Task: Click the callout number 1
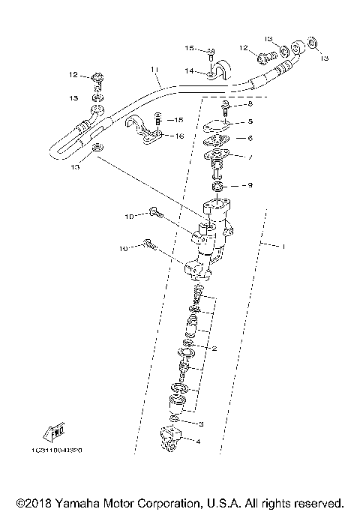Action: [x=283, y=246]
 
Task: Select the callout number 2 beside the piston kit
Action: [x=214, y=349]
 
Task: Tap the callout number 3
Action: [x=199, y=424]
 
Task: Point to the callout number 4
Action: [x=198, y=442]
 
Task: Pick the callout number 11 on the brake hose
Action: [x=154, y=70]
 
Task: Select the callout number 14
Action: [x=190, y=70]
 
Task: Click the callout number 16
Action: [x=179, y=135]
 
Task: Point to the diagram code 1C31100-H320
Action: [x=57, y=451]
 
